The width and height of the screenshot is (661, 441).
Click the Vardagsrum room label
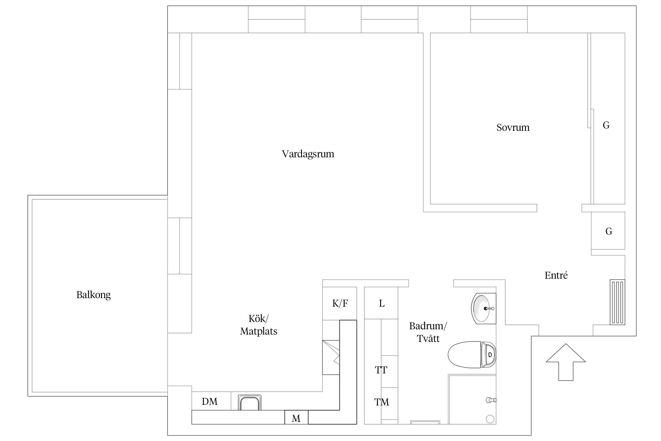(308, 154)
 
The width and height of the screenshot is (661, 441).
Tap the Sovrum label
(513, 128)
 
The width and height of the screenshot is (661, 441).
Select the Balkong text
(93, 295)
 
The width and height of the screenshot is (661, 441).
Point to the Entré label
(556, 275)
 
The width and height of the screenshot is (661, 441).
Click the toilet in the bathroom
(472, 355)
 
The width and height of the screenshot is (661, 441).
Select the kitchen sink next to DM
(249, 403)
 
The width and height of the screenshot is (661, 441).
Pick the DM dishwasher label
(209, 402)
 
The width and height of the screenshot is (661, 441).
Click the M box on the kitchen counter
(296, 418)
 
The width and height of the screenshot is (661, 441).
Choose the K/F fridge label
(340, 303)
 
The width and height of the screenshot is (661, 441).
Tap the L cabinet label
(382, 303)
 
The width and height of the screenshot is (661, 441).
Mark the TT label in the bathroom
(381, 370)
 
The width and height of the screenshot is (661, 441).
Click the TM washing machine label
(381, 402)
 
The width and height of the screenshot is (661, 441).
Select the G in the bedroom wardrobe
(606, 125)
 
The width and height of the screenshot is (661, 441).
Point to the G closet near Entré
(609, 231)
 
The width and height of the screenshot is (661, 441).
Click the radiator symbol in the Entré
(617, 302)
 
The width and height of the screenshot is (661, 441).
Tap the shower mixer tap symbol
(491, 400)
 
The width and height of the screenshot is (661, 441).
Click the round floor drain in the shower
(490, 419)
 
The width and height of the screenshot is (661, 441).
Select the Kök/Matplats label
(259, 325)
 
